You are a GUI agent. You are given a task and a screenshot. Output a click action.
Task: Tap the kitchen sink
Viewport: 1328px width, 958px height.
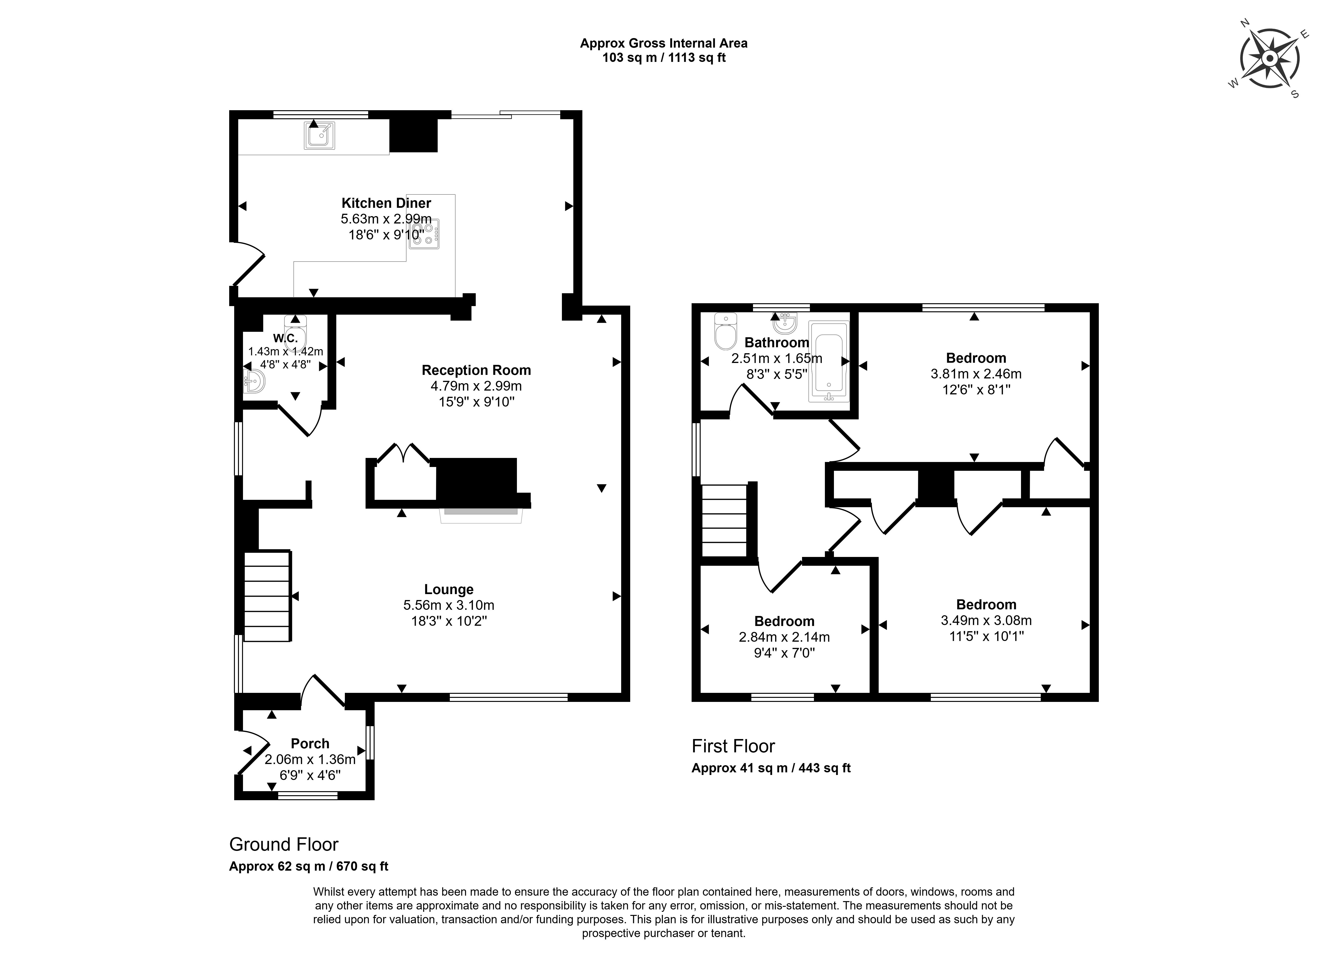pos(320,135)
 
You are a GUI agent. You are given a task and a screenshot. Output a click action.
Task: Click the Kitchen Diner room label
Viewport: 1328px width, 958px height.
pos(387,203)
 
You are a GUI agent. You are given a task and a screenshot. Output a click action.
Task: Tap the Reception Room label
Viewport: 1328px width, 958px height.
pos(476,370)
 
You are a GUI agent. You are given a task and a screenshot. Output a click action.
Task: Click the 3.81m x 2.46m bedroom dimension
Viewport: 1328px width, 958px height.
pos(976,374)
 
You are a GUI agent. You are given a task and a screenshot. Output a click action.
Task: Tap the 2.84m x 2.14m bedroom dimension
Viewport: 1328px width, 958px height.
pos(784,637)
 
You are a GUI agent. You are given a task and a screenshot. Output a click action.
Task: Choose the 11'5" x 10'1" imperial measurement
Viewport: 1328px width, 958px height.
pos(986,636)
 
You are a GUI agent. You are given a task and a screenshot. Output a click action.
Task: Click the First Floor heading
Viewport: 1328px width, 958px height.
pos(733,746)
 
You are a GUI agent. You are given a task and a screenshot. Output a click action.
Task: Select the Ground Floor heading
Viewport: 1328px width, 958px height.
pos(283,844)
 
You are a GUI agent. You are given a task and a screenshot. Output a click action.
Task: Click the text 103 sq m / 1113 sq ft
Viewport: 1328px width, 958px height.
pos(664,58)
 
